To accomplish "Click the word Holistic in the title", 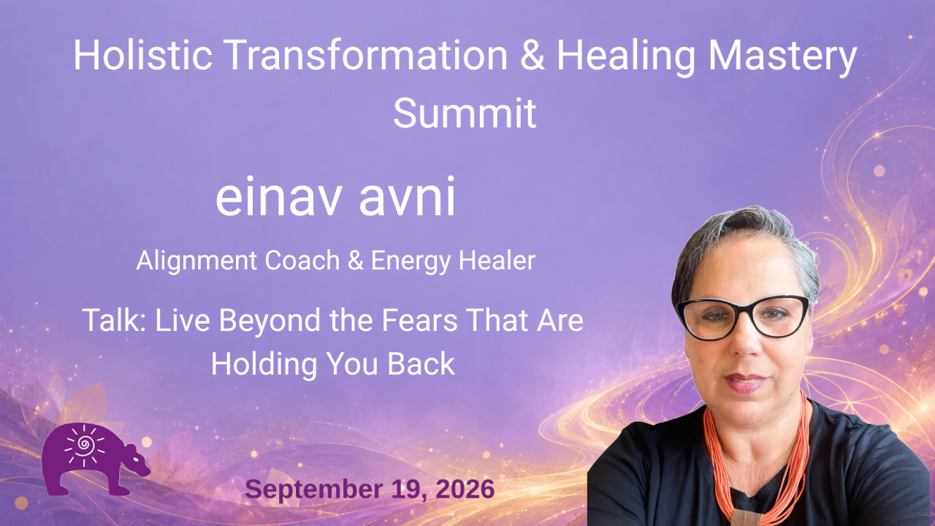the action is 143,55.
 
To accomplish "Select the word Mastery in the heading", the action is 782,58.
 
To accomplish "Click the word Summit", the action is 465,113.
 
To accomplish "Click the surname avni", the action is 407,197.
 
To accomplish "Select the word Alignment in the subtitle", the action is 196,262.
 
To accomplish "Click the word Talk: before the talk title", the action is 114,320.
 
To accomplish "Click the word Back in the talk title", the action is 421,364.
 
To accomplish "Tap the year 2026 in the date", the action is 465,489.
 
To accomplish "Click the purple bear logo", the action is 96,460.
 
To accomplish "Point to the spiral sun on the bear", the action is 84,445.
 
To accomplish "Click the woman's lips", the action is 745,384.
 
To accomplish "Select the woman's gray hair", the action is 747,234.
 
